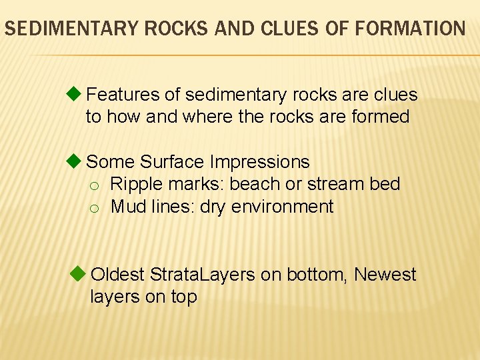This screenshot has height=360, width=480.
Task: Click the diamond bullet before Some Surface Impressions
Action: click(x=75, y=161)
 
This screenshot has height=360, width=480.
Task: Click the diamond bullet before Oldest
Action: click(x=78, y=273)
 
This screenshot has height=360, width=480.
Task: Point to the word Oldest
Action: click(x=118, y=275)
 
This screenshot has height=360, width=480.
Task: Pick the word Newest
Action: click(x=385, y=275)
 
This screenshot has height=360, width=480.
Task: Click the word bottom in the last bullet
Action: click(x=317, y=275)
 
